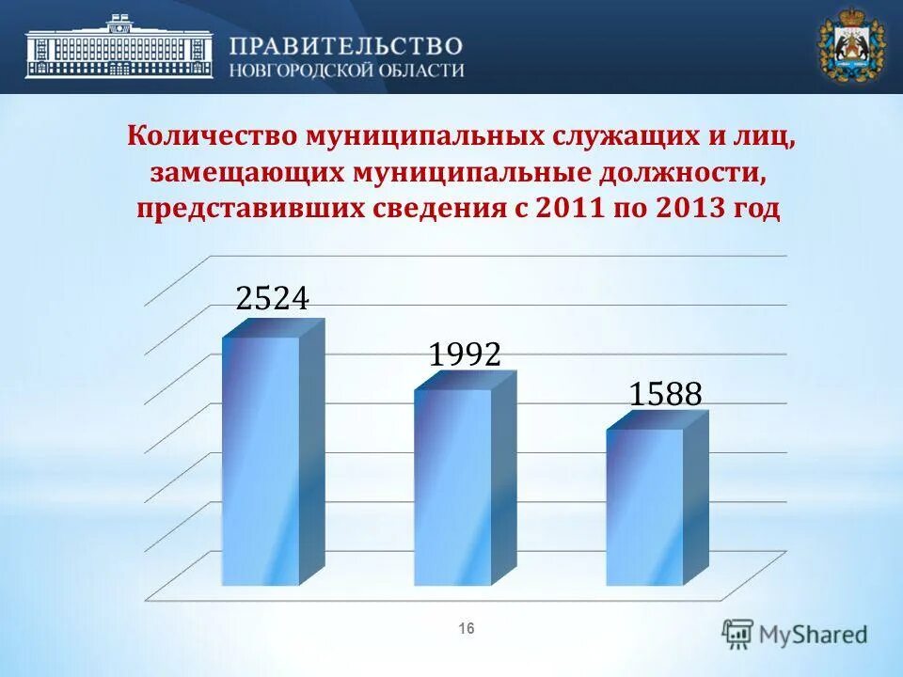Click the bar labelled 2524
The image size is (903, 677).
coord(261,461)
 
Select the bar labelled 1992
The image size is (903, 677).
coord(453,486)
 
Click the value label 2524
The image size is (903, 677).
coord(273,298)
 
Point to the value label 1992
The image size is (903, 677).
coord(464,354)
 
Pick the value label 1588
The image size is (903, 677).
coord(665,395)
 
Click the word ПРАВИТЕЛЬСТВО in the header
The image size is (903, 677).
coord(346,45)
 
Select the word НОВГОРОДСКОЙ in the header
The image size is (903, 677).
coord(296,71)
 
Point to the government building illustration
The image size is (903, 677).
coord(119,47)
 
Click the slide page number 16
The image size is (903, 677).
coord(467,628)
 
